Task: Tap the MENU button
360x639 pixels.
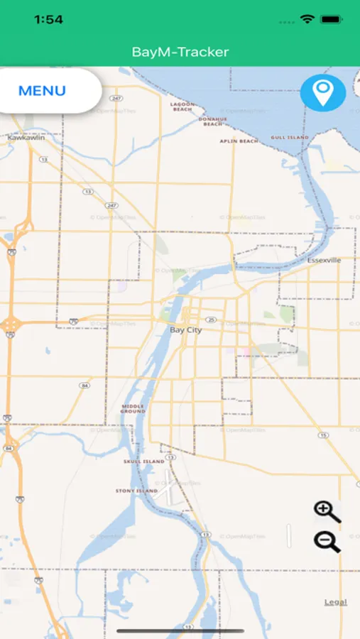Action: click(x=43, y=91)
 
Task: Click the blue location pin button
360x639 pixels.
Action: click(x=323, y=93)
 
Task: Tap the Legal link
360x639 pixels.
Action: click(x=336, y=602)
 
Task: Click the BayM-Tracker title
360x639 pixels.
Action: click(x=180, y=52)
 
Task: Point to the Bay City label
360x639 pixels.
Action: click(x=186, y=330)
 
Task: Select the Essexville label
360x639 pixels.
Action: click(x=324, y=261)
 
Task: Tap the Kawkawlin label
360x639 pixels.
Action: click(x=26, y=138)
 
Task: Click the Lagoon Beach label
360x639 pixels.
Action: click(x=182, y=106)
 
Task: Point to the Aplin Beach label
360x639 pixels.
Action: click(x=239, y=141)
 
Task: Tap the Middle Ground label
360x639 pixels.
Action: click(x=133, y=409)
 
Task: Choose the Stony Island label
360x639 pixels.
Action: click(x=136, y=491)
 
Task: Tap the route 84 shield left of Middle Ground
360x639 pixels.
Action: click(x=85, y=386)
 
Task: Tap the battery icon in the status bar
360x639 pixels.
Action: click(x=331, y=19)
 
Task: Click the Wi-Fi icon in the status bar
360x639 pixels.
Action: click(x=307, y=19)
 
